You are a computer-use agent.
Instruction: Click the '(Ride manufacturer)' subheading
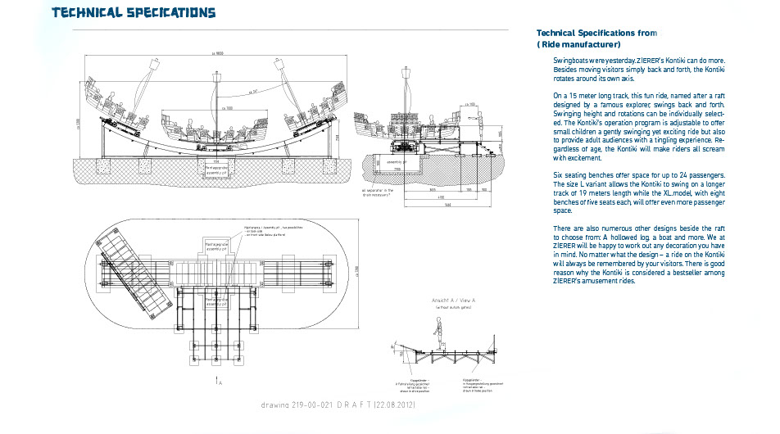[578, 44]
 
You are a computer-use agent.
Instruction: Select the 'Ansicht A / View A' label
[454, 301]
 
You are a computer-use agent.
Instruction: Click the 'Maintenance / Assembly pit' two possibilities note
[270, 230]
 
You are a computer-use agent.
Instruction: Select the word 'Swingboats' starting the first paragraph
[572, 61]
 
